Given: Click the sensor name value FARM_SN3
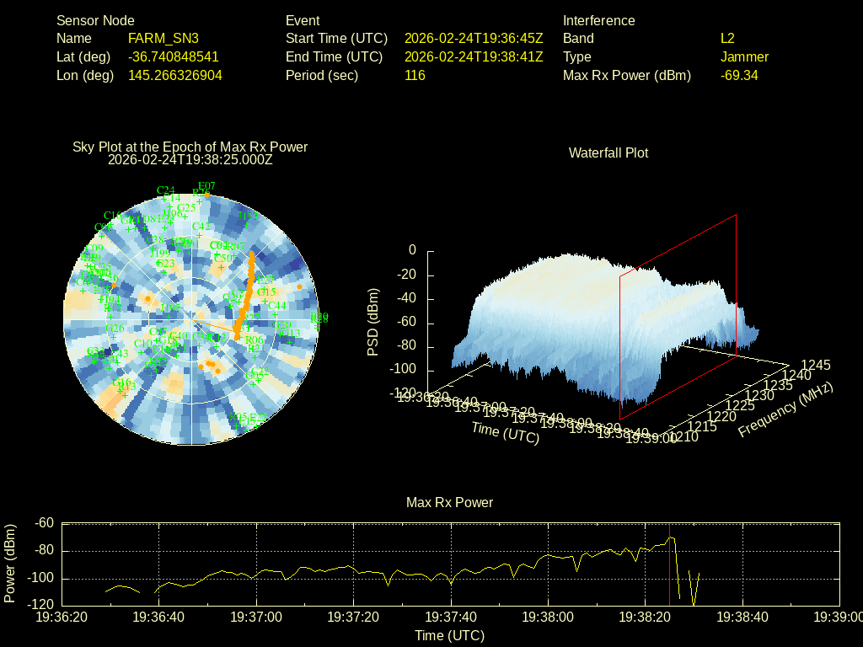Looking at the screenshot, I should (x=163, y=39).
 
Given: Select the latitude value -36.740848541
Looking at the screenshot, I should (x=174, y=57).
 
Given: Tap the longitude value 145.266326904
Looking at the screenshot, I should (x=175, y=76).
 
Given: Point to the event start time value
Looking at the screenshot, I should (x=474, y=39).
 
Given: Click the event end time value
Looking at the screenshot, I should (x=474, y=57).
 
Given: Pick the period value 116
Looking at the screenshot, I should (x=415, y=76).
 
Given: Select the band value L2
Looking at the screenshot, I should (x=727, y=39).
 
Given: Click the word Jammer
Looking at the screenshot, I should (x=744, y=57).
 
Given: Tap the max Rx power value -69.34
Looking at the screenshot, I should (x=739, y=76).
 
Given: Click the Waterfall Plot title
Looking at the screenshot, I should (x=608, y=153).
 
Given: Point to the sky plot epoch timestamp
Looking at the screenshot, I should (x=190, y=158).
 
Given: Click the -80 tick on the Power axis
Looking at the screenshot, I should (x=44, y=551).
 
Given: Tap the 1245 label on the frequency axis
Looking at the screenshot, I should (x=815, y=366).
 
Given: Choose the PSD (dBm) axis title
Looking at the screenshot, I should (x=373, y=322).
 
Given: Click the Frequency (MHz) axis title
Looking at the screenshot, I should (x=785, y=409).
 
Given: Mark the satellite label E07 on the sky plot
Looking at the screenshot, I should (x=206, y=186).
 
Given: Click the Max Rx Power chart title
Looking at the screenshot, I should (x=449, y=503).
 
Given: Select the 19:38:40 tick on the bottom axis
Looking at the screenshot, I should (x=742, y=618).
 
